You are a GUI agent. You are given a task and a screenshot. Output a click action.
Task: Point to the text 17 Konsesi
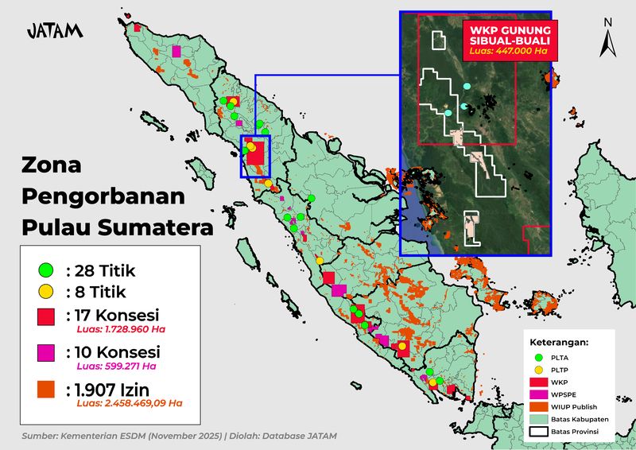click(113, 313)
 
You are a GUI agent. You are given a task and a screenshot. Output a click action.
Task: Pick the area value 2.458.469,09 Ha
click(130, 403)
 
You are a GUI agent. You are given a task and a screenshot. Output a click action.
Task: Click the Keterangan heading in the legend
click(558, 343)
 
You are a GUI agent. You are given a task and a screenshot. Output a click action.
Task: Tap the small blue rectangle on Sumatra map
click(256, 156)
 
